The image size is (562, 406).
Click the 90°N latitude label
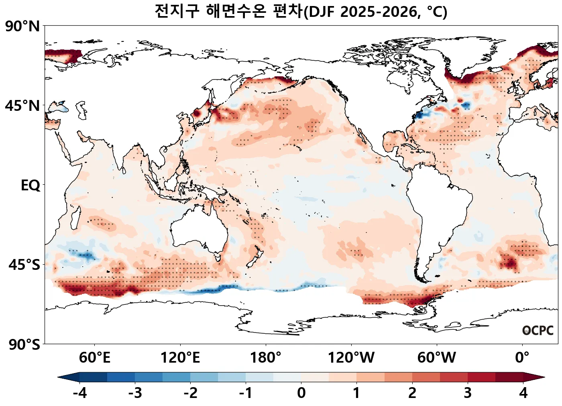coord(22,27)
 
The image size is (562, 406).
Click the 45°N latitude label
coord(22,106)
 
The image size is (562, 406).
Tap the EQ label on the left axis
coord(31,186)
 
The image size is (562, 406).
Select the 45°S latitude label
coord(24,265)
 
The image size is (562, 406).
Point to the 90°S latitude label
coord(24,345)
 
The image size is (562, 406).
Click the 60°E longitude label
coord(94,357)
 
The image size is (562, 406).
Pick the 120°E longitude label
coord(180,357)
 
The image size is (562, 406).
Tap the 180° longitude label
coord(266,357)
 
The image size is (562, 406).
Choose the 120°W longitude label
coord(351,357)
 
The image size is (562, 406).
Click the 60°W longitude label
coord(437,357)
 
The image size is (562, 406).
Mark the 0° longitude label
coord(522,357)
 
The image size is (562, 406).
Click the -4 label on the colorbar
coord(79,393)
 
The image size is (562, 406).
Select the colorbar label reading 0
coord(301,393)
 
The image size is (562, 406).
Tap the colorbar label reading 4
coord(523,393)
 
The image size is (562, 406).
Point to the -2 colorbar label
coord(190,393)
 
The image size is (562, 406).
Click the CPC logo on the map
coord(538,331)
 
